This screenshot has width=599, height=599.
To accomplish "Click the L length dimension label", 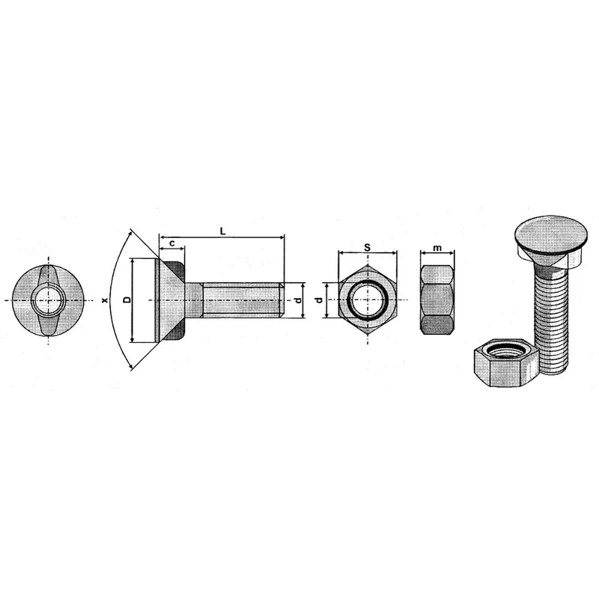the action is click(x=223, y=231).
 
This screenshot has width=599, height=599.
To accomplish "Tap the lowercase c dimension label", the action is click(x=172, y=243).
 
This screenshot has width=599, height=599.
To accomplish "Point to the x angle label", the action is click(x=105, y=300).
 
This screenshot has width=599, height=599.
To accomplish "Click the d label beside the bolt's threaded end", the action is click(x=299, y=300).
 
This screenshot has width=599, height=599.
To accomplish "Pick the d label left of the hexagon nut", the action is click(x=320, y=300).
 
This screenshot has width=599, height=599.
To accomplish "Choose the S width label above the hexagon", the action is click(x=368, y=248).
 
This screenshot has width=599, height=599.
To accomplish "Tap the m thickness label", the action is click(x=437, y=249).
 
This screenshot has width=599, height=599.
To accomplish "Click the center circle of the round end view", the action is click(x=48, y=300).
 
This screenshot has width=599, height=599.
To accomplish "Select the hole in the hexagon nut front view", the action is click(x=368, y=300).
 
